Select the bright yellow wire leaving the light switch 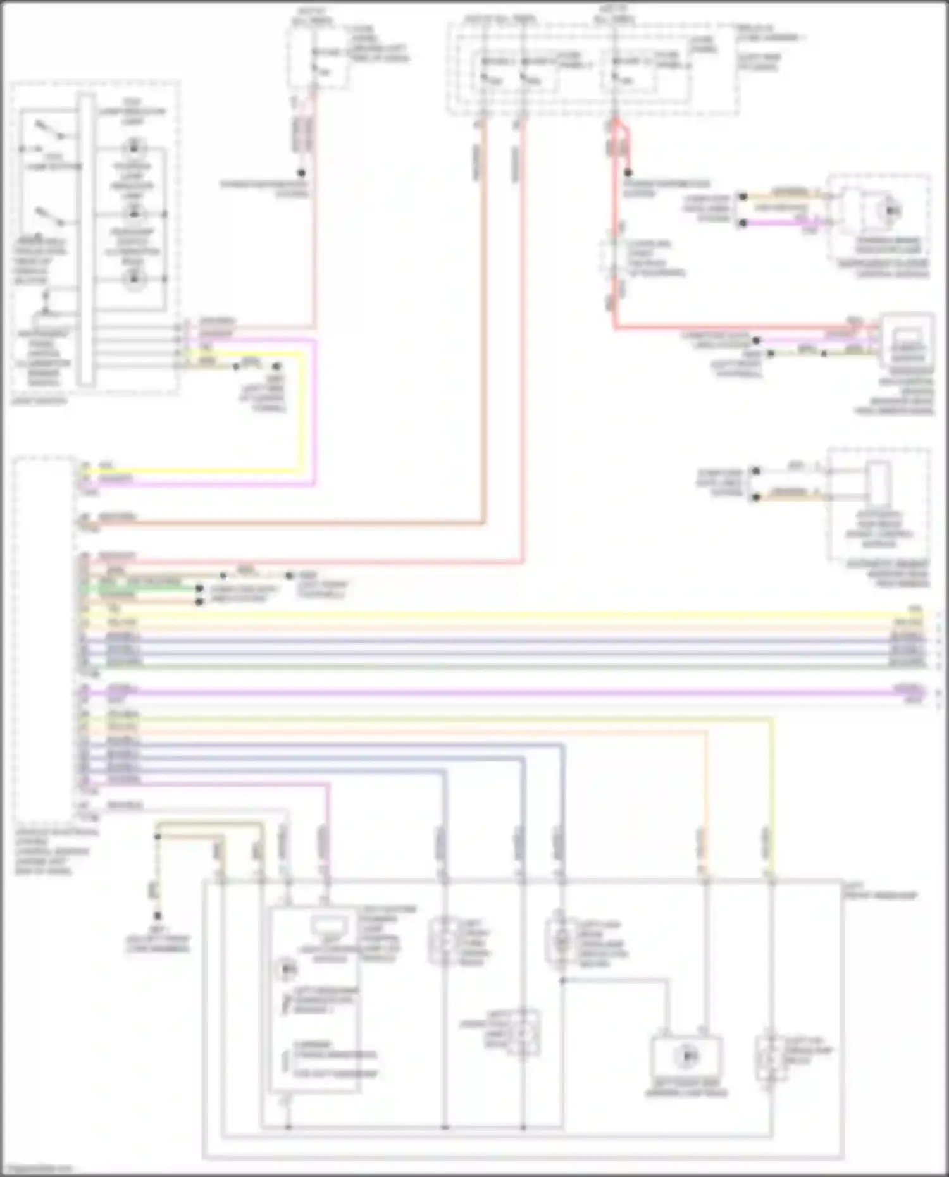click(302, 411)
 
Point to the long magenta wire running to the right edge click(506, 693)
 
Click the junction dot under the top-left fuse click(302, 173)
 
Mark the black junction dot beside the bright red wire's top click(628, 173)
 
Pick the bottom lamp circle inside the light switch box click(133, 279)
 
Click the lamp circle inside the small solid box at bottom click(686, 1056)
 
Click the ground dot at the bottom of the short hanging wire click(158, 916)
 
